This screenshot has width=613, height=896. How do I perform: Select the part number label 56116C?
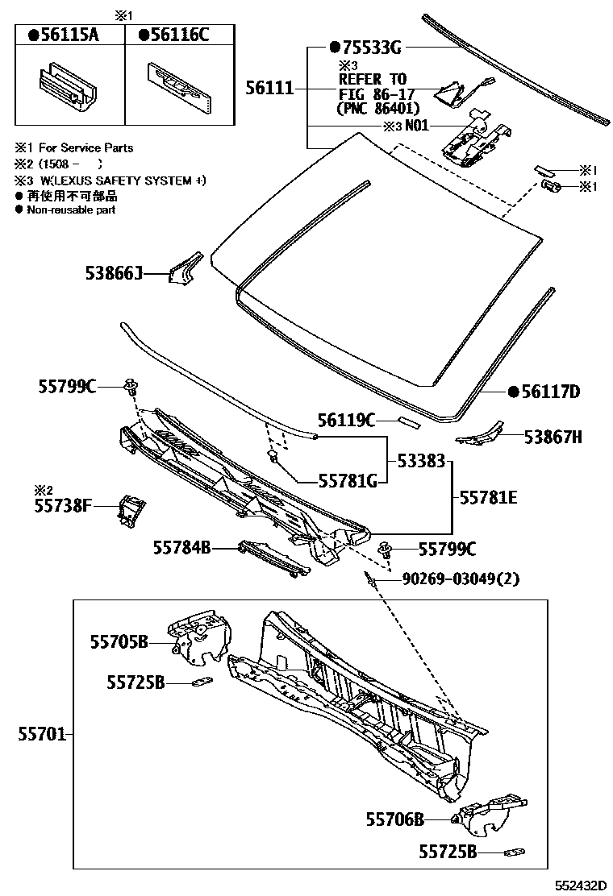click(178, 35)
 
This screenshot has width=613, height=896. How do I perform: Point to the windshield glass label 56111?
click(269, 88)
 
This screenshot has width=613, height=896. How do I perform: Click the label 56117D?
click(548, 392)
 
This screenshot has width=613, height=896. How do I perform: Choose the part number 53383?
click(420, 462)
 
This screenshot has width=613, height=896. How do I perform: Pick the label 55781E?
click(488, 498)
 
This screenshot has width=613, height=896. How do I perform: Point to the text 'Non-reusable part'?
click(71, 210)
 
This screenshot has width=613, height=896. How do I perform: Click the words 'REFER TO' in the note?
click(373, 79)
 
